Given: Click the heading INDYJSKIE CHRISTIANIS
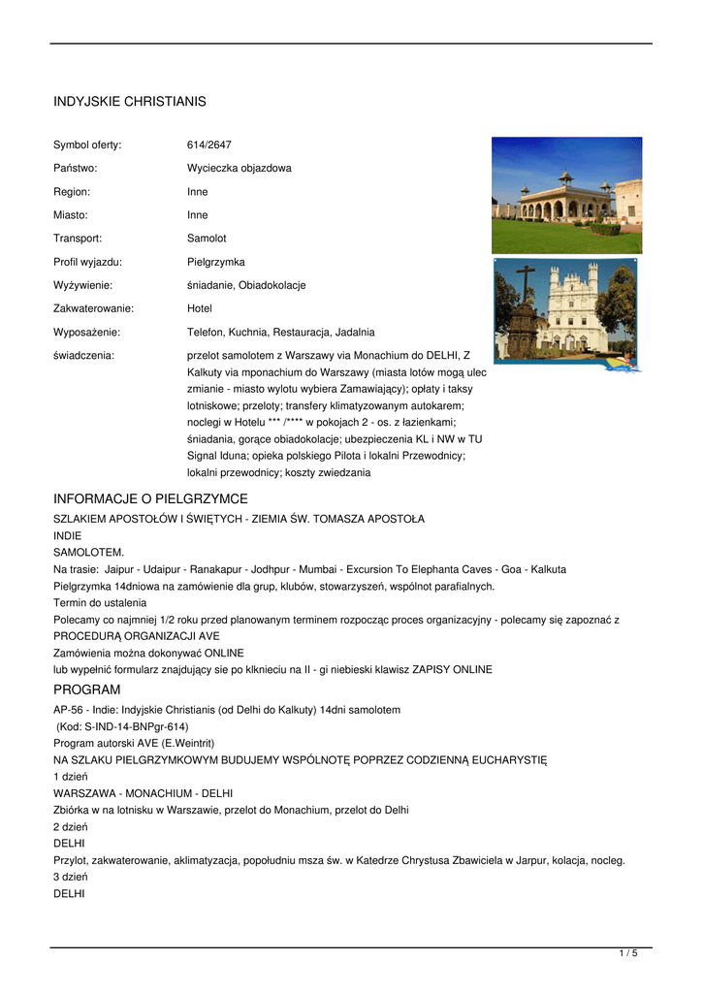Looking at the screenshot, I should point(129,102).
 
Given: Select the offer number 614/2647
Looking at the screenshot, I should point(209,145).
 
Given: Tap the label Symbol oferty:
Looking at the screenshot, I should point(87,145).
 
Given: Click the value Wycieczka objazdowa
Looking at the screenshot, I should point(239,169).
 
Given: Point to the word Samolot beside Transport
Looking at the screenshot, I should point(207,239).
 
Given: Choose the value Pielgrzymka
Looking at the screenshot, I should point(215,262).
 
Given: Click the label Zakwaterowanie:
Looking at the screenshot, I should point(93,308).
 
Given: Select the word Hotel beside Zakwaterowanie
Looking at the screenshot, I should point(200,308).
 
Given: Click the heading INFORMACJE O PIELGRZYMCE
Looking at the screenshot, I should point(150,498).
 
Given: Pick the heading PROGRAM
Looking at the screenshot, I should point(86,689).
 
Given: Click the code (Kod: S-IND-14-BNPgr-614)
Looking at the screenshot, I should point(122,726).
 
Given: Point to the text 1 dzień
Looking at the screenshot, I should point(71,777).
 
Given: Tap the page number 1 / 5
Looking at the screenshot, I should point(628,954).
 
